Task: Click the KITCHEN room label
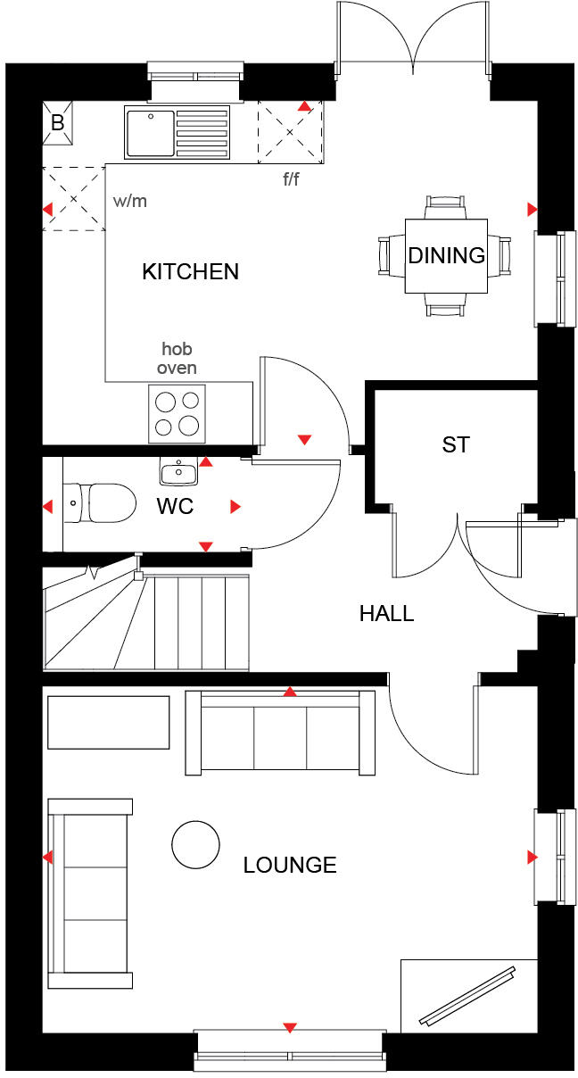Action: [190, 271]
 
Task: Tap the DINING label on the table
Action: [446, 255]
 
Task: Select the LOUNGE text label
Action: [290, 865]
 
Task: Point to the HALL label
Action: [386, 613]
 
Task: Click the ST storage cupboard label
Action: [455, 444]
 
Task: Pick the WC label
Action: [175, 506]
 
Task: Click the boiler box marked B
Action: [58, 123]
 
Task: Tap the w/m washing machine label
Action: [130, 201]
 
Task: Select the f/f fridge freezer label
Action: [292, 179]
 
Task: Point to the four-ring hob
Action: [177, 412]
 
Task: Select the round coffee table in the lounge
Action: [195, 844]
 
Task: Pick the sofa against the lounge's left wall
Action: [89, 892]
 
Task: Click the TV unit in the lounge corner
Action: [468, 993]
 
